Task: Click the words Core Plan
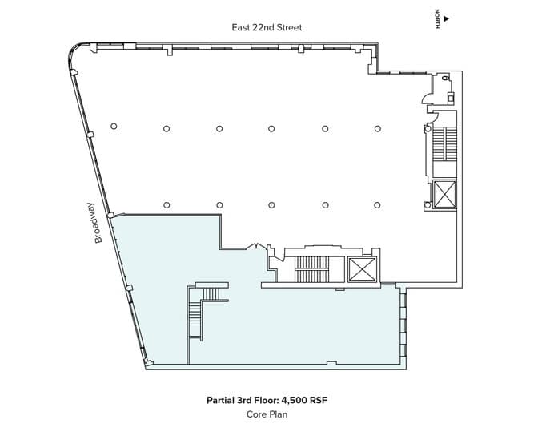coord(267,414)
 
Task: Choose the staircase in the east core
coord(443,151)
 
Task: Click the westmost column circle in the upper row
coord(114,127)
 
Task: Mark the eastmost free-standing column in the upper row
coord(377,128)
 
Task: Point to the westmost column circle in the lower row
coord(167,205)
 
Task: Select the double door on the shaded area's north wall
coord(257,246)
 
